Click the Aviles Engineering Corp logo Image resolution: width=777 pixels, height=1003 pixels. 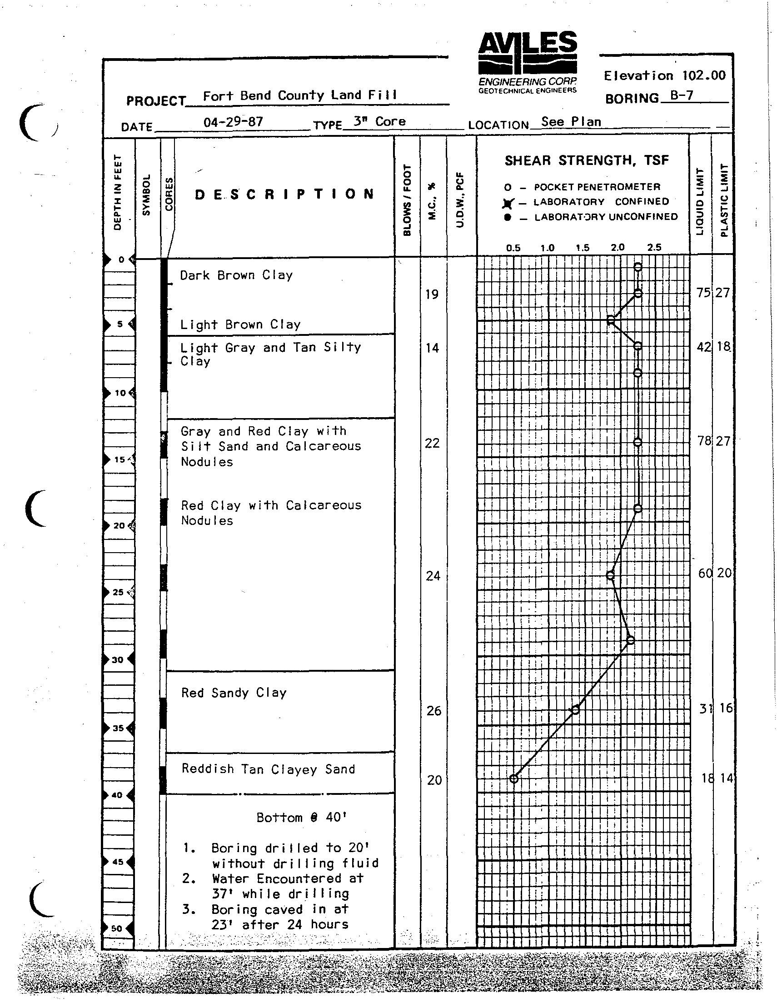(x=527, y=62)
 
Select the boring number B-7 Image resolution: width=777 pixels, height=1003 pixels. (x=682, y=95)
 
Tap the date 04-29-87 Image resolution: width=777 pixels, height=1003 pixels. (x=233, y=122)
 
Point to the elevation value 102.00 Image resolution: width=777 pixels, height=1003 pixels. (x=703, y=75)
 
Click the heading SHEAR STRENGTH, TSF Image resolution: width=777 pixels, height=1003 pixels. (x=587, y=160)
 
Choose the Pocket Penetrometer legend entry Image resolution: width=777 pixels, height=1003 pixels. (x=582, y=187)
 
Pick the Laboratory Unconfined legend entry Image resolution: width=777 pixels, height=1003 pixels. (x=591, y=217)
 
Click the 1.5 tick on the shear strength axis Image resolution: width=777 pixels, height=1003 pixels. (x=582, y=248)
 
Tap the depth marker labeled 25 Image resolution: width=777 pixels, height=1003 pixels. (x=119, y=592)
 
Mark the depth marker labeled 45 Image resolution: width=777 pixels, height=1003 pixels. (x=118, y=862)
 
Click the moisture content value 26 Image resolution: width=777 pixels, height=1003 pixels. (x=433, y=711)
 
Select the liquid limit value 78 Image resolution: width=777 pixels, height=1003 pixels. (x=704, y=441)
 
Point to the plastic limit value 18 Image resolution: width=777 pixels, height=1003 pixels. (x=723, y=346)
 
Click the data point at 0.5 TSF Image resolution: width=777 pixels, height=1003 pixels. (x=514, y=778)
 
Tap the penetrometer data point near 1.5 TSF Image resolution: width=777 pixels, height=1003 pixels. (x=576, y=710)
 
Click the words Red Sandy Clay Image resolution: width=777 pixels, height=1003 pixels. (x=234, y=693)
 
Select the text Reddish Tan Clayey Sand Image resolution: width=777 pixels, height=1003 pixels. (x=268, y=769)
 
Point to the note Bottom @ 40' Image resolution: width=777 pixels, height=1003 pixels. (x=301, y=818)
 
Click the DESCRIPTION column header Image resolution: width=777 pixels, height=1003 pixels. (x=284, y=194)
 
